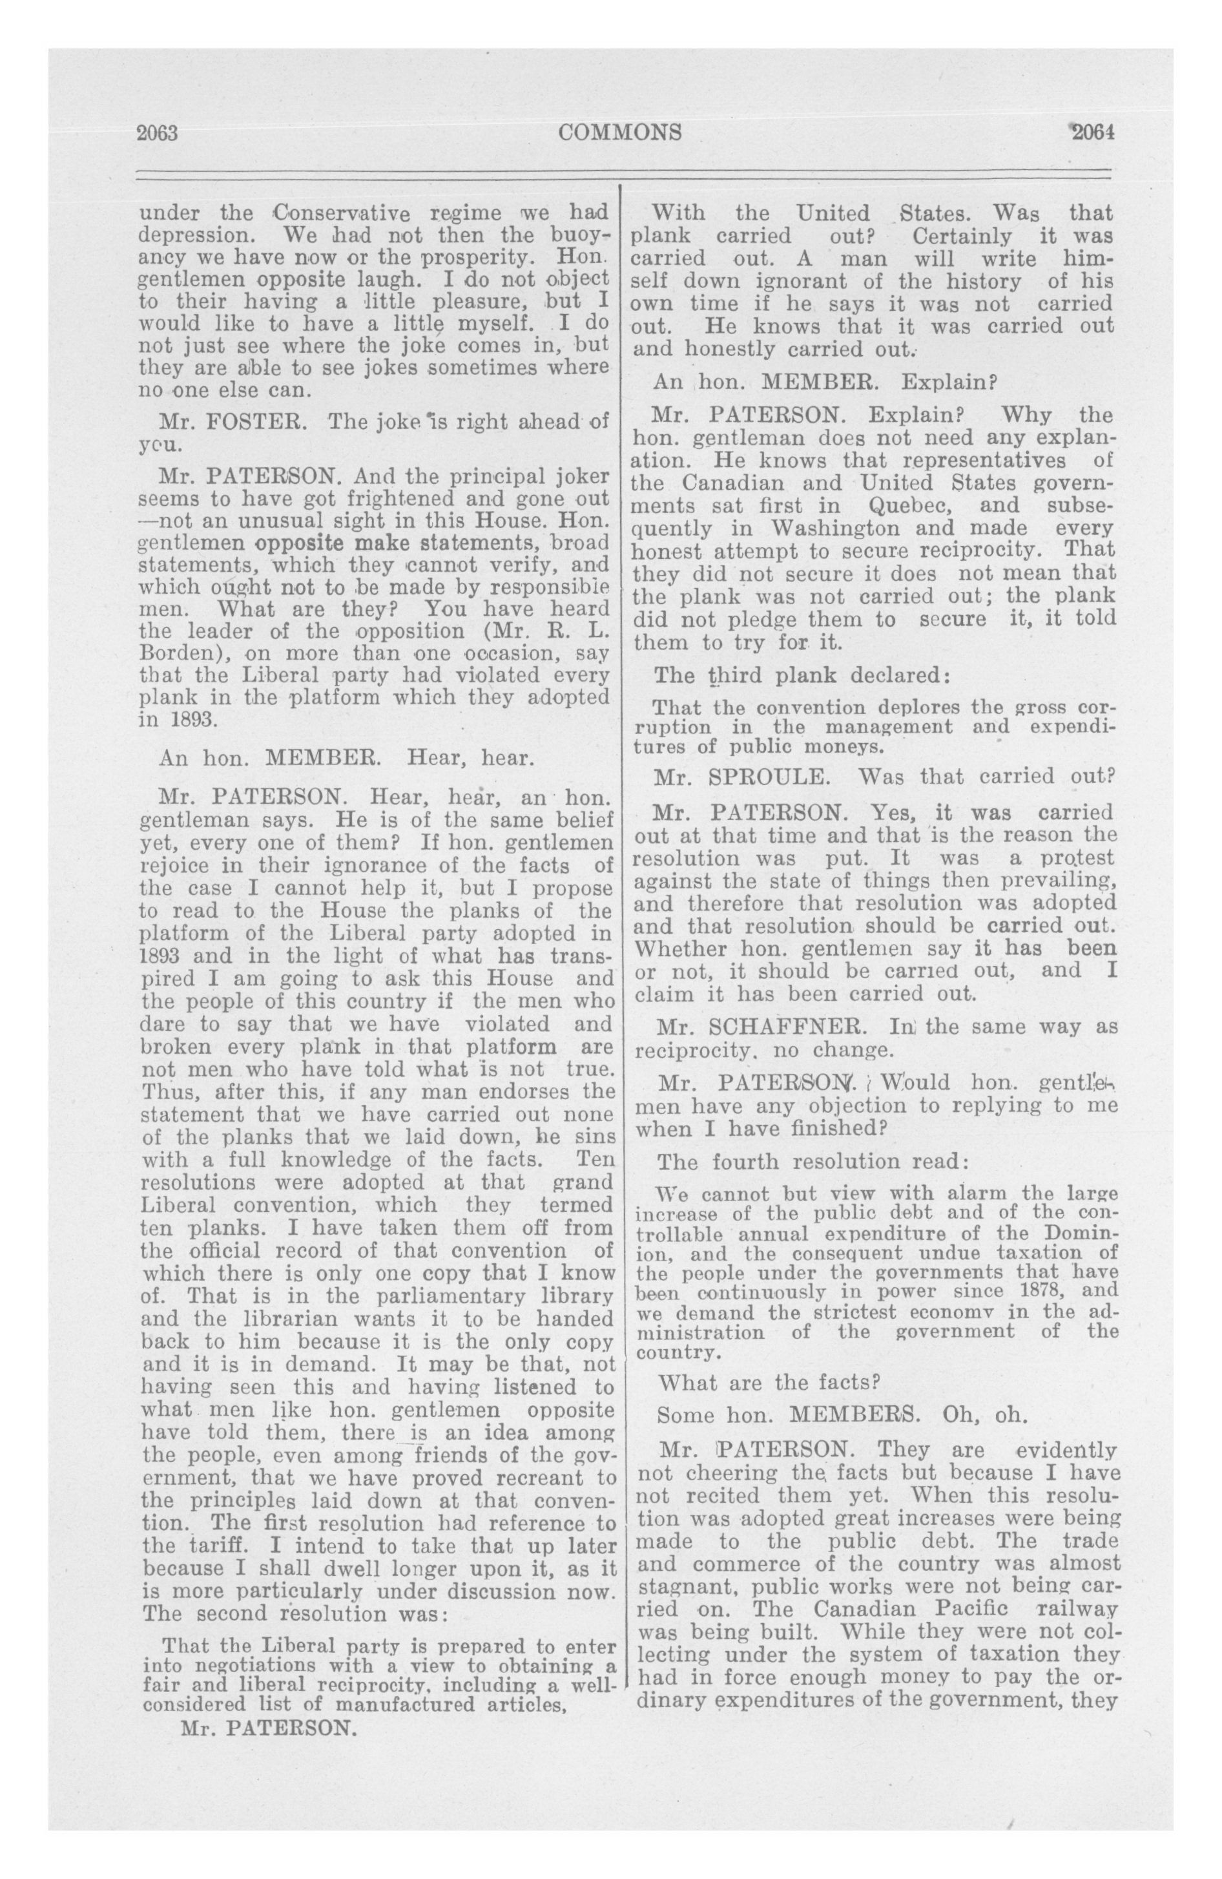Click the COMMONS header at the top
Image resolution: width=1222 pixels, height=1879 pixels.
pos(619,132)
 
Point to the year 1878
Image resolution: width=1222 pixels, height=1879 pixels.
pos(1024,1291)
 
